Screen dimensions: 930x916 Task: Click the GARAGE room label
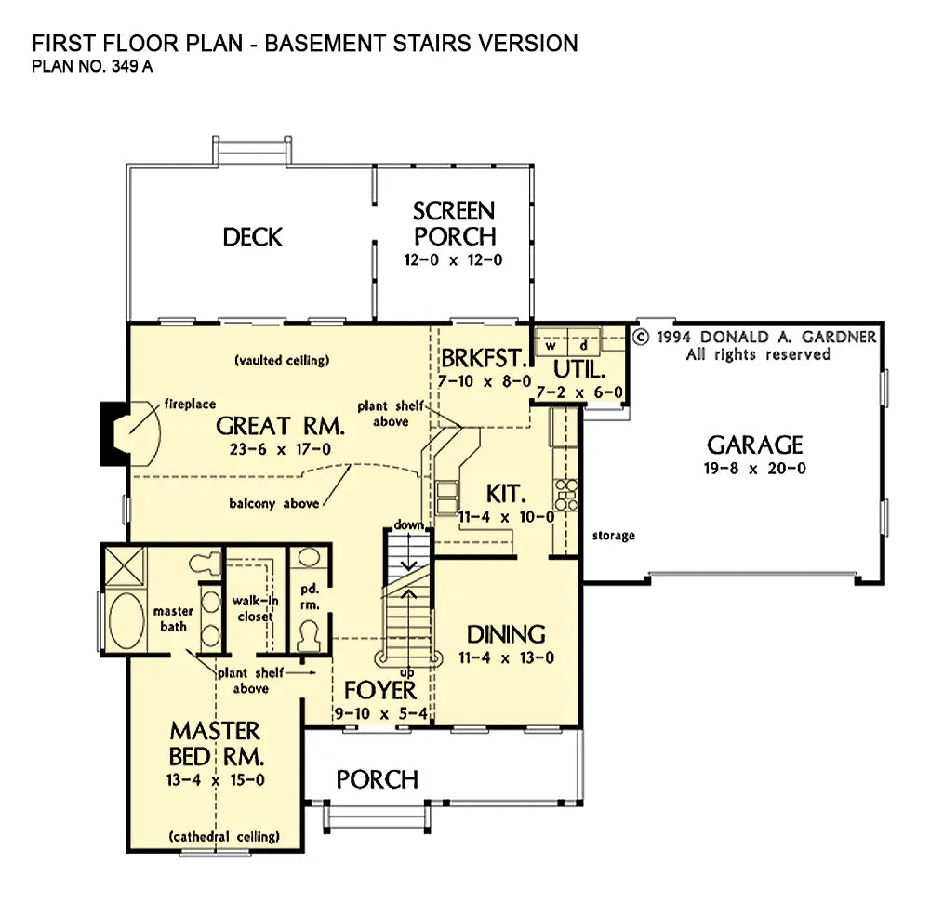[x=754, y=445]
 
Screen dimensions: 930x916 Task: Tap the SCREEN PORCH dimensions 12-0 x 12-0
[x=453, y=259]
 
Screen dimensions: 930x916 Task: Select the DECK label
[x=253, y=237]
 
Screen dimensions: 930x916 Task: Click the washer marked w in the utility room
[x=551, y=344]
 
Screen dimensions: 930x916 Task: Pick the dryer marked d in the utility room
[x=584, y=344]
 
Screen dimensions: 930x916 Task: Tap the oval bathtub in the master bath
[x=126, y=620]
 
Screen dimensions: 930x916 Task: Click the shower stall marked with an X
[x=125, y=567]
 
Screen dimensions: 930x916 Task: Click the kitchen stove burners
[x=566, y=495]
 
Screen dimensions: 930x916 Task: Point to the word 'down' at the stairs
[x=408, y=525]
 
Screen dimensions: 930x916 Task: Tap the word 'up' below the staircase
[x=407, y=672]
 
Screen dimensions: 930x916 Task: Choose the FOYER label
[x=380, y=691]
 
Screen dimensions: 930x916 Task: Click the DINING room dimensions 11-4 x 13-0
[x=506, y=657]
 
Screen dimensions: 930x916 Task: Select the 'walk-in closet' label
[x=255, y=609]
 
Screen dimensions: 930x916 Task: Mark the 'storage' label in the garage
[x=613, y=536]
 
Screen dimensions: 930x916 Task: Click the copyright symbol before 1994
[x=641, y=337]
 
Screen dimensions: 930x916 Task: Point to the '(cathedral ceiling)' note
[x=224, y=837]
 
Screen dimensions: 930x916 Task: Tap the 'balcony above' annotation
[x=274, y=504]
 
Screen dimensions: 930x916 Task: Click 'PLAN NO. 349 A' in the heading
[x=92, y=66]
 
